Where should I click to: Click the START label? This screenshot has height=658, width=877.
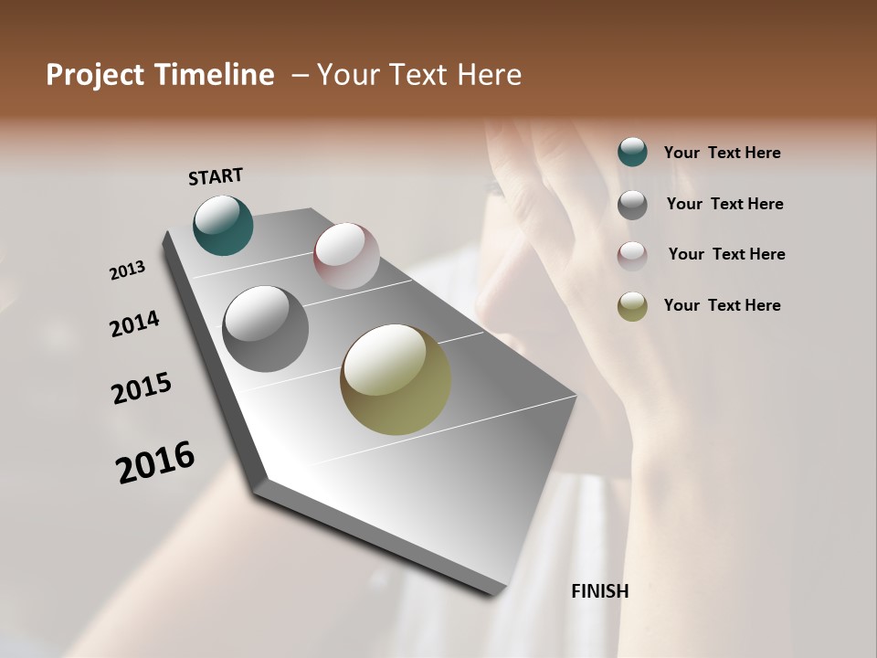point(216,176)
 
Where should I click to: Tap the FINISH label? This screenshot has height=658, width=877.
point(599,591)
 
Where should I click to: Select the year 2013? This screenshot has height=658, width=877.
point(128,271)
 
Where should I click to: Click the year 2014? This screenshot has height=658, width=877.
point(135,324)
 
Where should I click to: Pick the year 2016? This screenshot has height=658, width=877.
point(155,462)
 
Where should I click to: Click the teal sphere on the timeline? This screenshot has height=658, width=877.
point(223,225)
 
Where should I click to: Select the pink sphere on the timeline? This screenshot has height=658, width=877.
point(346,255)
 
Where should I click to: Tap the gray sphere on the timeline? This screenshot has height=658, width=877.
point(265,329)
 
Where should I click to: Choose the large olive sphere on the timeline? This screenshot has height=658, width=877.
point(396,379)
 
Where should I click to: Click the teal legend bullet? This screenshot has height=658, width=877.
point(632,152)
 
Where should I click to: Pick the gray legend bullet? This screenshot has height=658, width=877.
point(632,205)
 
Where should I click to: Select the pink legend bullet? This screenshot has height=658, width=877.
point(632,255)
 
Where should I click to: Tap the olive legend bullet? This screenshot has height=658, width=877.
point(632,306)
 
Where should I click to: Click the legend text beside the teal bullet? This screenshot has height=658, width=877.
point(722,153)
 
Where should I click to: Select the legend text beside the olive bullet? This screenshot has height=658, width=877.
point(722,305)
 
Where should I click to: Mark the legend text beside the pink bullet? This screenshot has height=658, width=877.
point(726,254)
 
